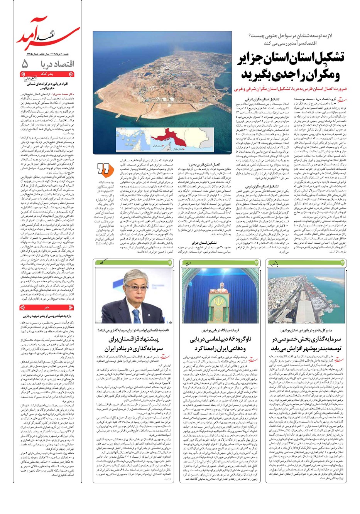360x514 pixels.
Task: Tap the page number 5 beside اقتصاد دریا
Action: coord(26,64)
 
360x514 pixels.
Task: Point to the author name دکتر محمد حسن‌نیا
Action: coord(61,94)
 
